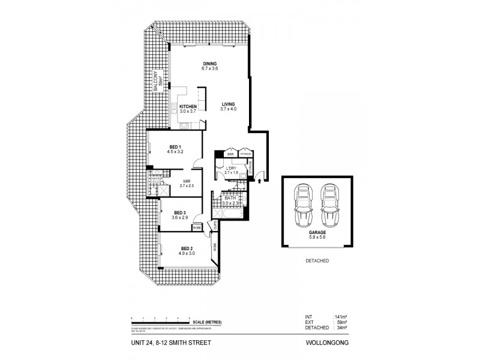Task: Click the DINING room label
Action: point(209,64)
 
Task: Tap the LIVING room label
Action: point(228,104)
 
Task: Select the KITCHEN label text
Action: point(188,107)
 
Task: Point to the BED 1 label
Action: point(175,147)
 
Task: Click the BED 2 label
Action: point(187,248)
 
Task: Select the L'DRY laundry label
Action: point(231,169)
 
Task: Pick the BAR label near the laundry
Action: point(230,154)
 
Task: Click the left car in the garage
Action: point(302,206)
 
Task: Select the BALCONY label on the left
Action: point(155,81)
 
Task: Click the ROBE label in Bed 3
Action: point(196,227)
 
